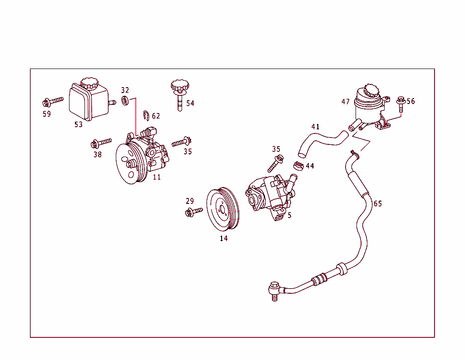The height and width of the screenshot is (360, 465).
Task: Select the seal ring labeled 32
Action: pos(125,100)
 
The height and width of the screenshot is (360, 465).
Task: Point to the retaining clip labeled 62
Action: pos(146,116)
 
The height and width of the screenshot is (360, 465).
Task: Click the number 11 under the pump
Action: pos(157,177)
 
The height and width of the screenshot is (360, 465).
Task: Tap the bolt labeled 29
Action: pos(194,212)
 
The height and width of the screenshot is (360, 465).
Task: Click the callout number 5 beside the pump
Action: pos(289,215)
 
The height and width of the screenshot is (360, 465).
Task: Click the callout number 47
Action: pos(346,102)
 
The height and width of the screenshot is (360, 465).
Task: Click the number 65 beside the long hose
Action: pos(378,203)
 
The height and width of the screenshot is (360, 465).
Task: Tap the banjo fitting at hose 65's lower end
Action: pos(274,288)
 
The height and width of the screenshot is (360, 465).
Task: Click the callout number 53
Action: pos(79,124)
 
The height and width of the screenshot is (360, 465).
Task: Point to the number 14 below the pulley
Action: pos(223,238)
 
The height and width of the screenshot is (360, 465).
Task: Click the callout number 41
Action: pos(315,127)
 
